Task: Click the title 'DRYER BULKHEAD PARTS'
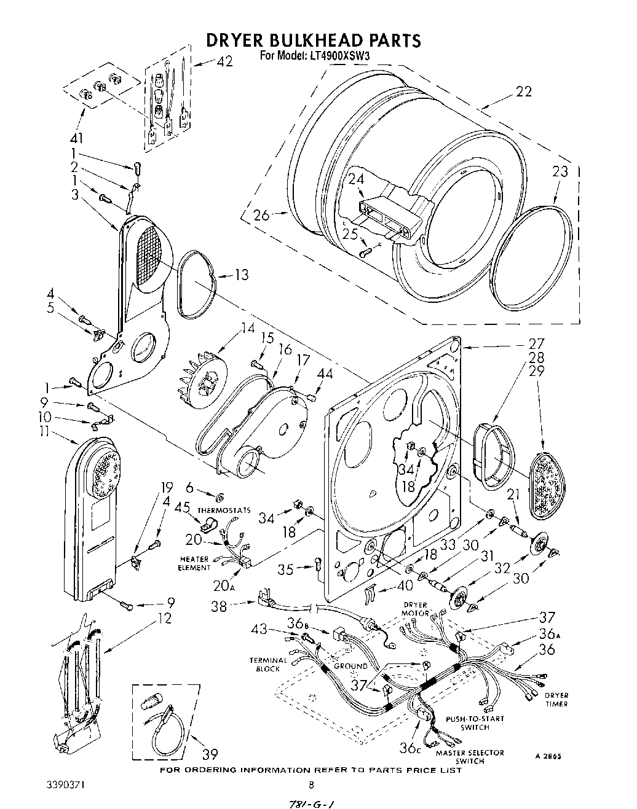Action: (x=313, y=40)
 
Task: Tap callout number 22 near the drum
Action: (x=523, y=92)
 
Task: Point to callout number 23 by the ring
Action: (x=560, y=171)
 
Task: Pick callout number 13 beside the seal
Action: (x=242, y=275)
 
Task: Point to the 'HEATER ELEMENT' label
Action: (x=194, y=563)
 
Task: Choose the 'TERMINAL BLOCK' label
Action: (x=268, y=664)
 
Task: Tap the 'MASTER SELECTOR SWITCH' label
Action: (x=470, y=757)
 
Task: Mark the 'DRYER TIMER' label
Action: (x=556, y=700)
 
